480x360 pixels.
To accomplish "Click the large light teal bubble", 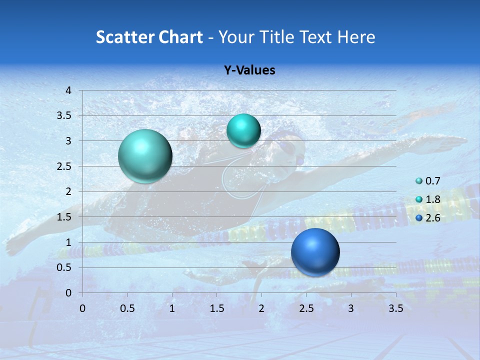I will [145, 156].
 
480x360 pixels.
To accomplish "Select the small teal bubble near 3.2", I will [243, 130].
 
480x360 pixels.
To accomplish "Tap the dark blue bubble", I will [315, 252].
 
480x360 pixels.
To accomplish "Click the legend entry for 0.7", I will [428, 181].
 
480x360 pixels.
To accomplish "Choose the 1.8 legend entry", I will [428, 199].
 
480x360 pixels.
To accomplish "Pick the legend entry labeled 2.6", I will [428, 218].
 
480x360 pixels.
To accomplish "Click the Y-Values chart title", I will [249, 70].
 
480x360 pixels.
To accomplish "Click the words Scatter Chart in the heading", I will [149, 37].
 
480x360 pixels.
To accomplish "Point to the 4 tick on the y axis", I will [69, 90].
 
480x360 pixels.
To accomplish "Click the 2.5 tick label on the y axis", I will [64, 166].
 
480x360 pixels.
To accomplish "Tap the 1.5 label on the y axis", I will [64, 216].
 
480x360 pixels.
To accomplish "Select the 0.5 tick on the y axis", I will [64, 267].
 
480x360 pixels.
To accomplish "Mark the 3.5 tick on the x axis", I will [395, 308].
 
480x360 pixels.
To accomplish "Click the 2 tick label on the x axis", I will [261, 308].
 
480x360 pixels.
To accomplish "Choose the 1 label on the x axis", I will [172, 308].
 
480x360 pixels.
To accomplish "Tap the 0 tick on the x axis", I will [82, 308].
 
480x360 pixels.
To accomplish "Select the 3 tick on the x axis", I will [351, 308].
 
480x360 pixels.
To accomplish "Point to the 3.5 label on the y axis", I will [64, 115].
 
